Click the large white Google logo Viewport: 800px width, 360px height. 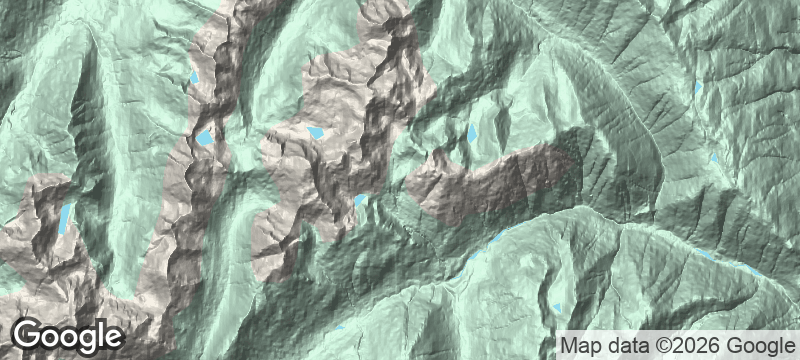[x=67, y=335]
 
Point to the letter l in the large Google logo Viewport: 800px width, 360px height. [x=99, y=333]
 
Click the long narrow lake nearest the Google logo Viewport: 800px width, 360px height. [x=65, y=217]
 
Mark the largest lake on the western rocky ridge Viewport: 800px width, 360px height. [x=205, y=138]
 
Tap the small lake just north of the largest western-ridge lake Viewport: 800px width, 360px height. [x=196, y=77]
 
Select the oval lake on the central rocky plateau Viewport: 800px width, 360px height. [x=316, y=132]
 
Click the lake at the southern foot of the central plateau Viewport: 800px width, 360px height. [x=360, y=202]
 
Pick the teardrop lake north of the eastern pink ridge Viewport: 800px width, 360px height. [x=472, y=132]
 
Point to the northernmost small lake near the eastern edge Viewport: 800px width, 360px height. [x=699, y=87]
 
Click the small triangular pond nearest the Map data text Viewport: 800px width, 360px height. [x=556, y=307]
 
